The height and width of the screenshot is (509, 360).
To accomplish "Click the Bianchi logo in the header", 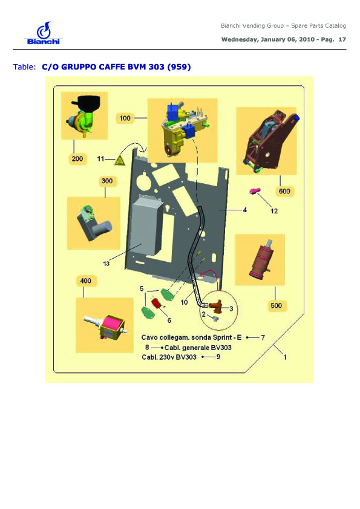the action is click(43, 33).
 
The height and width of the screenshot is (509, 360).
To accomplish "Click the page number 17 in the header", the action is click(342, 40).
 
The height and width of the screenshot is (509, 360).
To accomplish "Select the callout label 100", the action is click(125, 118).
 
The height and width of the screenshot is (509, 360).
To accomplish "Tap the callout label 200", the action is click(77, 159).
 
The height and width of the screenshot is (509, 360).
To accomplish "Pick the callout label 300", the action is click(107, 181).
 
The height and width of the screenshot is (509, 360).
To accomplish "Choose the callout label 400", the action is click(85, 280).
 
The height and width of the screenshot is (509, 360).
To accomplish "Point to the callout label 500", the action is click(276, 305).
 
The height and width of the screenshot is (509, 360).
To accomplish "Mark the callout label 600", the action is click(284, 191).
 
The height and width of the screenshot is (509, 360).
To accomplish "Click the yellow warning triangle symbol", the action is click(120, 160).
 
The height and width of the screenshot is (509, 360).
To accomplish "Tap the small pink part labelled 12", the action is click(254, 191).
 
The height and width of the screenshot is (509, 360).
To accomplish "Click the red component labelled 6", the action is click(157, 303).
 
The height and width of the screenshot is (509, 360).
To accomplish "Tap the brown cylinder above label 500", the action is click(261, 260).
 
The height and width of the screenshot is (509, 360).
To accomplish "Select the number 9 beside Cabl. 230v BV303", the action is click(218, 357).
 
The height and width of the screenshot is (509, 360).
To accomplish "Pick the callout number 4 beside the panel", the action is click(244, 210).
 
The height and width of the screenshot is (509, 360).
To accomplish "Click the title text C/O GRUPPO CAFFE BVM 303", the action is click(103, 67).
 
